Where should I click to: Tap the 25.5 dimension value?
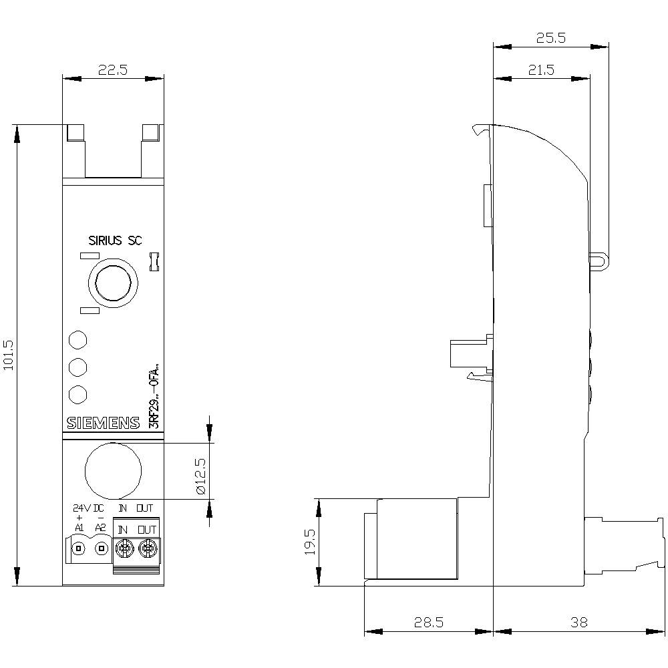coord(551,38)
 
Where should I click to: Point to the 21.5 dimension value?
coord(541,71)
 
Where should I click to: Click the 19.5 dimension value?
coord(309,543)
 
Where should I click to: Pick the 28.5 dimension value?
coord(428,622)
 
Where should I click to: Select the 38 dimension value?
coord(579,622)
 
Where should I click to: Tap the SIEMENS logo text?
coord(103,423)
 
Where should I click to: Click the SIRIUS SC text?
coord(115,241)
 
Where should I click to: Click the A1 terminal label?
coord(79,528)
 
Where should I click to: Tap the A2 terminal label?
coord(101,528)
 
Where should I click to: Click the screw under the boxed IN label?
coord(123,550)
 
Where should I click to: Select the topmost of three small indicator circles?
coord(78,339)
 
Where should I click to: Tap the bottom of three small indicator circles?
coord(78,394)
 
